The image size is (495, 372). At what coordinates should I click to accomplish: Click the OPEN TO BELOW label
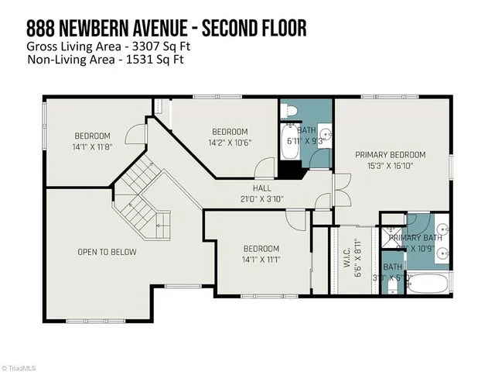click(x=107, y=252)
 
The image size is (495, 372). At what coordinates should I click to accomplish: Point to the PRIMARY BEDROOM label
click(x=391, y=154)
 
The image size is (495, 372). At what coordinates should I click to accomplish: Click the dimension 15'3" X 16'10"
click(x=391, y=165)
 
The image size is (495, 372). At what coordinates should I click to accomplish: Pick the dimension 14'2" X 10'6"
click(x=230, y=142)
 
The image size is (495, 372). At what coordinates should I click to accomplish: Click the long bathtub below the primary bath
click(x=426, y=284)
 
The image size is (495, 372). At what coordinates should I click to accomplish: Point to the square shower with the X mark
click(x=392, y=235)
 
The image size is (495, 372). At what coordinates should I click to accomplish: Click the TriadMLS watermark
click(x=21, y=365)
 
